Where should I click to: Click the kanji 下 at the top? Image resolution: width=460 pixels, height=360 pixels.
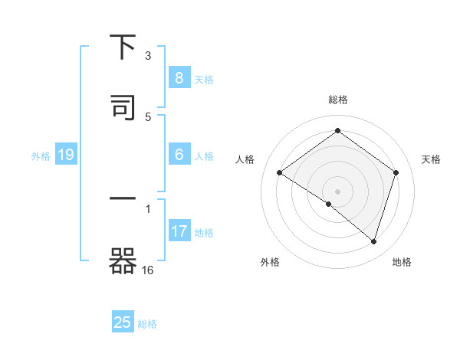click(123, 47)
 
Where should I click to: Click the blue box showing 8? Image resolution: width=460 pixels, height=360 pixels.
click(179, 77)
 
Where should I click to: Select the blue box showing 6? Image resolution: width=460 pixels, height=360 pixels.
click(179, 155)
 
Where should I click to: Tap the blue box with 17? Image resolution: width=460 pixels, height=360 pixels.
click(179, 231)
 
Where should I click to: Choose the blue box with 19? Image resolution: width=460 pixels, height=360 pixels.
click(66, 155)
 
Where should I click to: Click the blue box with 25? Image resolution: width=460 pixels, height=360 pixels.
click(123, 322)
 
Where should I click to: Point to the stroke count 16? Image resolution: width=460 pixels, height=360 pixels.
click(149, 270)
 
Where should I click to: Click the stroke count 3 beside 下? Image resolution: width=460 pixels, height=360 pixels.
click(149, 55)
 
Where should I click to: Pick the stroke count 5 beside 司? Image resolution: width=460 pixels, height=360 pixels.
click(149, 116)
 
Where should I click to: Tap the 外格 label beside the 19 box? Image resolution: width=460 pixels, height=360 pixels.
click(41, 156)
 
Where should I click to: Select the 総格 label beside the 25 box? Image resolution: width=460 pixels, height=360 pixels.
click(147, 324)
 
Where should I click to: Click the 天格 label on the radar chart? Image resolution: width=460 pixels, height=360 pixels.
click(432, 159)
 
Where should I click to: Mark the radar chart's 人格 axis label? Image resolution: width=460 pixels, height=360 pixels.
click(245, 159)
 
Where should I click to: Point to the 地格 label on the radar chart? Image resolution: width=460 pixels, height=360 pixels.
click(402, 263)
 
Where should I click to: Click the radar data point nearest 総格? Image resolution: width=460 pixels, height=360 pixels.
click(337, 131)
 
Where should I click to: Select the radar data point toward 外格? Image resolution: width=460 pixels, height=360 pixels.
click(328, 205)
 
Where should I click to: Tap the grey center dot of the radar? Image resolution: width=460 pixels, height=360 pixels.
click(337, 191)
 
